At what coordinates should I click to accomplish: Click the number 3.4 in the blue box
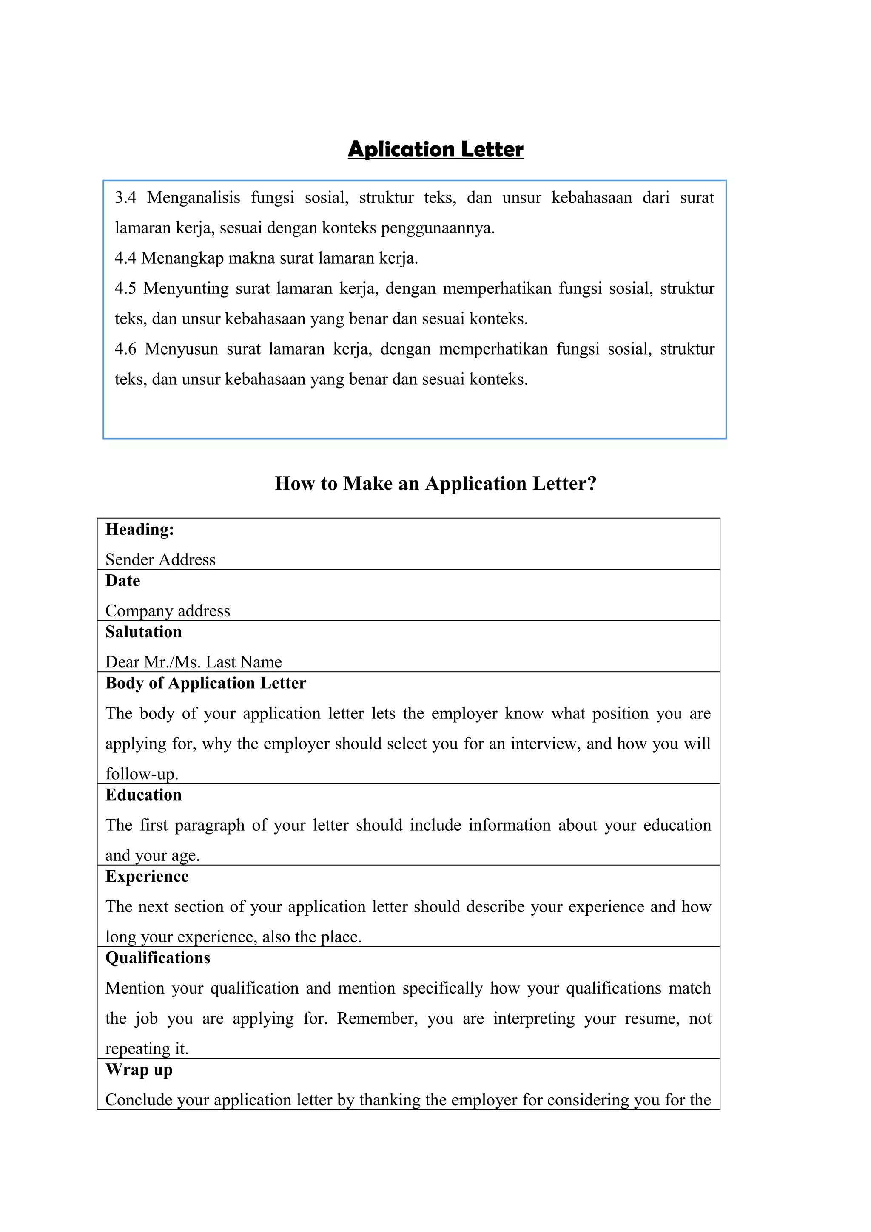(125, 197)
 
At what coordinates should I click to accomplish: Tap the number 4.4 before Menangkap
(125, 258)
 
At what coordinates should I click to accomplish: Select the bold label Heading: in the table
(139, 530)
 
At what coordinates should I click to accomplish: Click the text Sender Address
(160, 559)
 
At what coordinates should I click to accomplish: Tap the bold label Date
(122, 581)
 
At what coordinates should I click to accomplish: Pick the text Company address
(168, 610)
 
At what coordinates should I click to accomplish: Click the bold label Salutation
(143, 632)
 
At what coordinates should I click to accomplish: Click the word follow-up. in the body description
(141, 774)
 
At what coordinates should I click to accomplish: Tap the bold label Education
(143, 795)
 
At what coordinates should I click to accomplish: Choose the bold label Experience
(147, 876)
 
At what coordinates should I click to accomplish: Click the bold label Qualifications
(158, 958)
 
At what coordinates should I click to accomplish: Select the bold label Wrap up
(139, 1070)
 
